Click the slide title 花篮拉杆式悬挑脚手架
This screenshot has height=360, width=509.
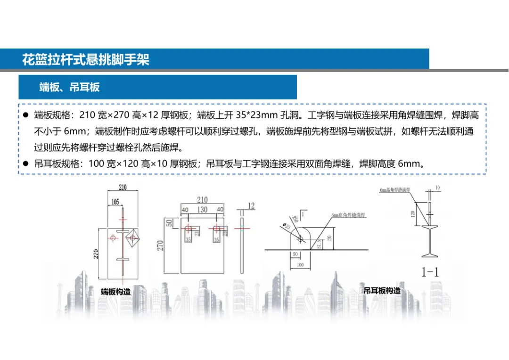click(85, 60)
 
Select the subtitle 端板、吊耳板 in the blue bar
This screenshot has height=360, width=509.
click(69, 87)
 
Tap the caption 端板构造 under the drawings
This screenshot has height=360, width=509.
click(115, 292)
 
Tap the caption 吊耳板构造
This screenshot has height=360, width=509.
click(382, 291)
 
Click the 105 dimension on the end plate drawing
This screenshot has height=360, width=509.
click(115, 202)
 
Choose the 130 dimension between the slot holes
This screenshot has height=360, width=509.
click(202, 209)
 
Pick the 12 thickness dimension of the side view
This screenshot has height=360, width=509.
click(251, 206)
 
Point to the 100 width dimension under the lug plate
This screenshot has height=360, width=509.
click(300, 265)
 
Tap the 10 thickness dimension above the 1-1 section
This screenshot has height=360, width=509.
click(437, 188)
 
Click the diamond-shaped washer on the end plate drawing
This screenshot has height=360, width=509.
click(133, 238)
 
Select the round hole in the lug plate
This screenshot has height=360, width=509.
click(300, 239)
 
